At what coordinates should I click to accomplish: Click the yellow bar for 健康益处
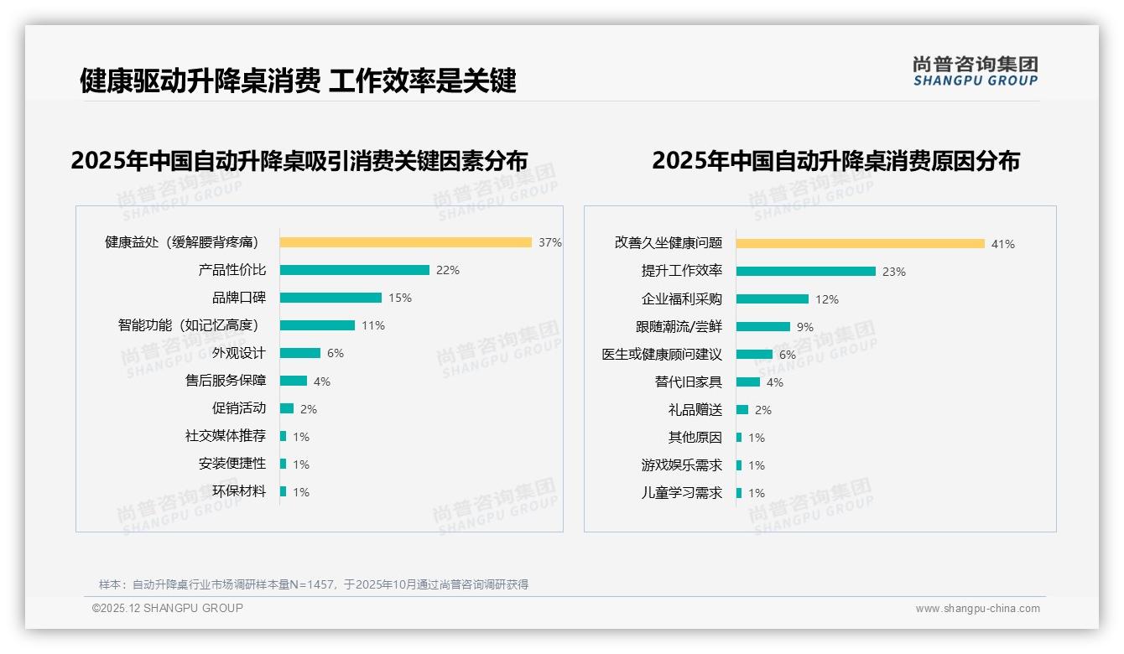[405, 242]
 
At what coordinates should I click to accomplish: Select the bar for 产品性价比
[354, 270]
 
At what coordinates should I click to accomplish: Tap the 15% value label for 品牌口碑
[400, 298]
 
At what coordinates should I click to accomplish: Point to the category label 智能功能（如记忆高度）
[188, 325]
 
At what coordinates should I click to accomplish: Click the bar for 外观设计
[300, 353]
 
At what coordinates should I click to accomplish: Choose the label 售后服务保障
[225, 381]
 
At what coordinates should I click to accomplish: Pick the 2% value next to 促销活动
[309, 409]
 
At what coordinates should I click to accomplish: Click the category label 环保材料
[238, 491]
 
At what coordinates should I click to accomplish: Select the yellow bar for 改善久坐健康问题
[860, 244]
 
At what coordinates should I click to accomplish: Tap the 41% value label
[1002, 244]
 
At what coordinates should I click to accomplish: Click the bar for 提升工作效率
[805, 272]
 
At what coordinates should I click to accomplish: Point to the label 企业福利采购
[681, 299]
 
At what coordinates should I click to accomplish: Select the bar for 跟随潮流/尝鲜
[762, 327]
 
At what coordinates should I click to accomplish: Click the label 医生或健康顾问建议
[661, 355]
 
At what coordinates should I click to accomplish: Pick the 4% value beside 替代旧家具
[774, 382]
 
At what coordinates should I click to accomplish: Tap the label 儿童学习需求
[681, 493]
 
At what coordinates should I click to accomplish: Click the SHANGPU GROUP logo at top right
[975, 71]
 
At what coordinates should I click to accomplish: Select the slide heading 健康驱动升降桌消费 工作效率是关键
[298, 80]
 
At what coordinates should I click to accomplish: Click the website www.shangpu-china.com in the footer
[977, 609]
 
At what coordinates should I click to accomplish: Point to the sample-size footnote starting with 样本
[313, 584]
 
